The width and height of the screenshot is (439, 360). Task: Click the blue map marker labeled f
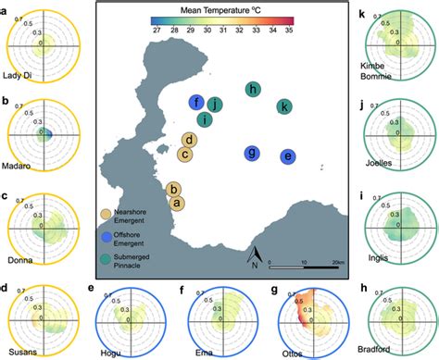[x=195, y=103]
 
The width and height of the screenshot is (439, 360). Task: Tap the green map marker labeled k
[x=285, y=107]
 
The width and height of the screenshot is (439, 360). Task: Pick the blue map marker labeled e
[x=289, y=157]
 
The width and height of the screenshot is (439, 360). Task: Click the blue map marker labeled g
[x=251, y=153]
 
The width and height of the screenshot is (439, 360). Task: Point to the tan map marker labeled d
[x=189, y=141]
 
